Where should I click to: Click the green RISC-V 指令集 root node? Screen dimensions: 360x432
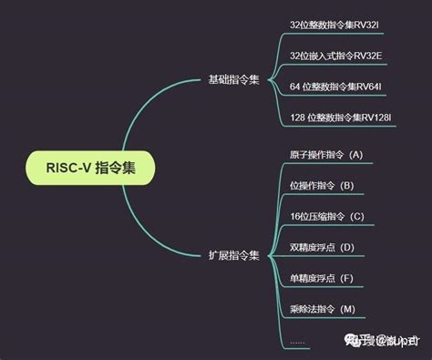click(89, 169)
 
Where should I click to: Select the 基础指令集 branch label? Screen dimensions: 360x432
click(234, 80)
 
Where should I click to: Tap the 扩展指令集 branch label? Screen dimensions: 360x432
click(234, 256)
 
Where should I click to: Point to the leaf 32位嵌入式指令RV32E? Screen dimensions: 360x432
click(334, 56)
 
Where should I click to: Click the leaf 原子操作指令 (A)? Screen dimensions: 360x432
click(325, 154)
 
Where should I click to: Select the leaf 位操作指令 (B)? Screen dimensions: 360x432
click(321, 185)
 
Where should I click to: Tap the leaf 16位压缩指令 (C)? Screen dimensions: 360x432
click(325, 216)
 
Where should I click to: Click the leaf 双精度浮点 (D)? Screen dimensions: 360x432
click(321, 247)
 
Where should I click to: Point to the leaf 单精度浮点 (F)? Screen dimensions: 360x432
click(321, 278)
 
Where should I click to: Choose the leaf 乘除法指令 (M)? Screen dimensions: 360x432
click(322, 309)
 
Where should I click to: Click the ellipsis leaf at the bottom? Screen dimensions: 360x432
click(297, 340)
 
